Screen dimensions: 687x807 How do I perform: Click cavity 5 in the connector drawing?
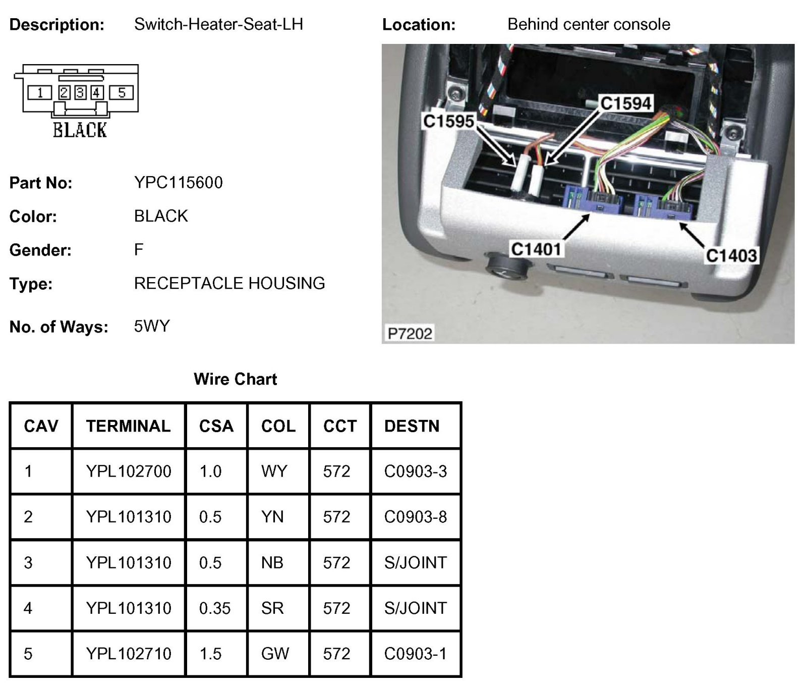point(122,93)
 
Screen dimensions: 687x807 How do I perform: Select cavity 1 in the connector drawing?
point(39,93)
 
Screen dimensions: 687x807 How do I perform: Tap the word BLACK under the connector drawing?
point(80,130)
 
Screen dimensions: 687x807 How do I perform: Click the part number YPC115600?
point(178,182)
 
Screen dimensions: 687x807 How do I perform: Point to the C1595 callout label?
point(448,121)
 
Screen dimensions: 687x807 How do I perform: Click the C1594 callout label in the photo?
point(626,103)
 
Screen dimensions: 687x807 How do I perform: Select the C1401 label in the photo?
point(536,249)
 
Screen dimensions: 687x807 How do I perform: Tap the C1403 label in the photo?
point(731,255)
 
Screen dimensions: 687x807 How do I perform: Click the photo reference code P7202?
point(410,333)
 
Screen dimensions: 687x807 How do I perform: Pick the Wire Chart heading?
point(235,379)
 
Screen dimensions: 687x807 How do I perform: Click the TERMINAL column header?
point(128,426)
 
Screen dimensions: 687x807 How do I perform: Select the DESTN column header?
point(412,426)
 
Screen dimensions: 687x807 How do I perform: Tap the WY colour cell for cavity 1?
point(274,471)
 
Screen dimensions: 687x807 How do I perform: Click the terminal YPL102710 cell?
point(129,654)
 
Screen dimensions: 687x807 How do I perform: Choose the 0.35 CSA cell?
point(214,608)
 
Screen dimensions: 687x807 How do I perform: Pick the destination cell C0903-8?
point(415,517)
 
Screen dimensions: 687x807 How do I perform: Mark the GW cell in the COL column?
point(275,654)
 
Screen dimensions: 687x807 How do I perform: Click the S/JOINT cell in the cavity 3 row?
point(415,562)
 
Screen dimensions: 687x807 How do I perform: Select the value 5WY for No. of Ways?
point(152,326)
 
